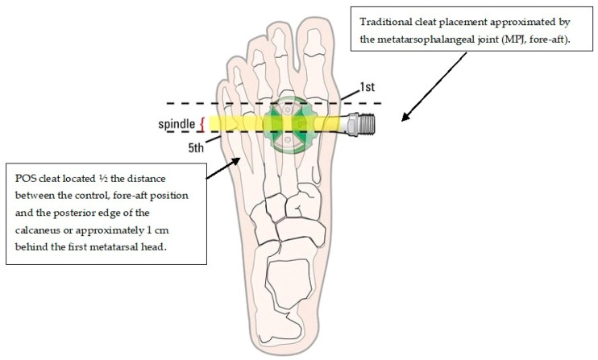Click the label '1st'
click(368, 87)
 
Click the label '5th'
click(196, 147)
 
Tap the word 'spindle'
click(176, 124)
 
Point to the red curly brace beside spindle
click(202, 125)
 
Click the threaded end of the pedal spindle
click(367, 124)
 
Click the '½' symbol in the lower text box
click(102, 179)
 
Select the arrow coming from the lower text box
click(223, 168)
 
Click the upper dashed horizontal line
click(274, 103)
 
